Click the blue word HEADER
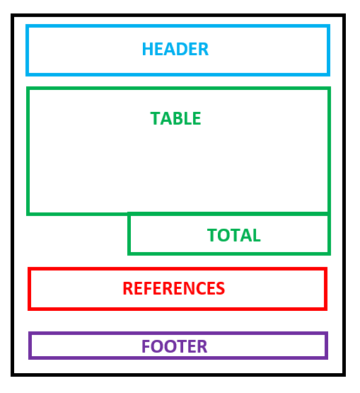175,50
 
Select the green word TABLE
175,118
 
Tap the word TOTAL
233,235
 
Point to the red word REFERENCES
173,289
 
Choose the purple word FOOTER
174,347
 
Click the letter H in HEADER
147,50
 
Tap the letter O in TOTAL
222,235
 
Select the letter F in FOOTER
146,347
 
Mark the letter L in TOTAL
256,235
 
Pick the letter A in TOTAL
245,235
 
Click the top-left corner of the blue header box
28,26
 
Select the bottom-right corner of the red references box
325,308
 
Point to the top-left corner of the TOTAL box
129,214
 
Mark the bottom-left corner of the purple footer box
30,357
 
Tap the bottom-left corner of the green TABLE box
28,212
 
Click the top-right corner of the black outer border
344,16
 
